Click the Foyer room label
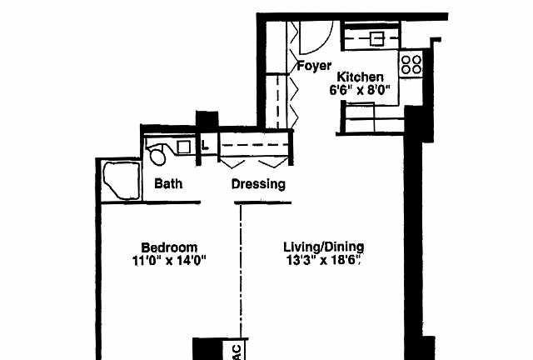pos(314,66)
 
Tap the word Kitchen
pos(360,77)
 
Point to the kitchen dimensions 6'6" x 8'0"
pos(359,90)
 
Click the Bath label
pos(168,183)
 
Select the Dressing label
pos(258,184)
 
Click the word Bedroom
pos(169,247)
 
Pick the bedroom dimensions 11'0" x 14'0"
pos(169,261)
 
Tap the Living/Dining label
pos(324,247)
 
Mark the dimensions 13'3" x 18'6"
pos(323,260)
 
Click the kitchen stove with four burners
pos(411,64)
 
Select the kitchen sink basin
pos(376,38)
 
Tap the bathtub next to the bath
pos(122,180)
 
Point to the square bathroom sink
pos(184,147)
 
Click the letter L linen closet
pos(205,145)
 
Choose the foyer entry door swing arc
pos(321,41)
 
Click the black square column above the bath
pos(207,119)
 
